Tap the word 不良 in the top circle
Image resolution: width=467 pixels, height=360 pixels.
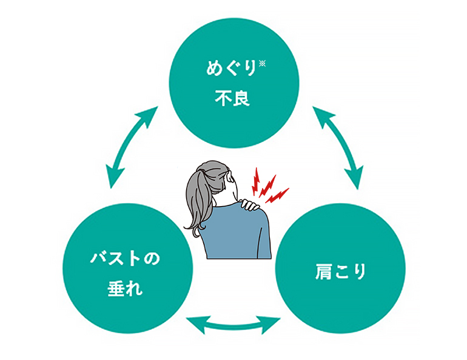point(232,98)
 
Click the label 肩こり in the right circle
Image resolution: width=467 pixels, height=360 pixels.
point(340,272)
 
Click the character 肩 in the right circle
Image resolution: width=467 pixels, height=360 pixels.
point(323,272)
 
